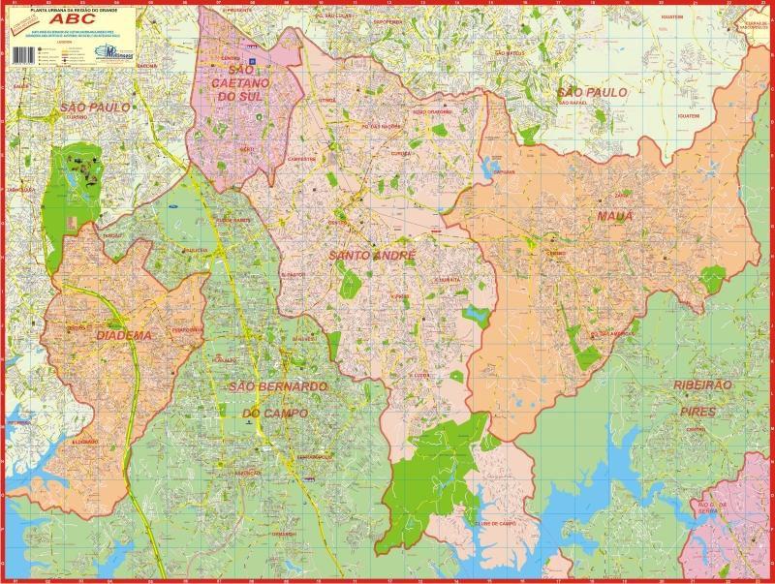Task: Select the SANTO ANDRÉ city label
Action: coord(373,256)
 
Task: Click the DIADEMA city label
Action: coord(124,336)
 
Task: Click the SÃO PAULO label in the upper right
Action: coord(593,92)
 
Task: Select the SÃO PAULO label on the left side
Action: coord(94,108)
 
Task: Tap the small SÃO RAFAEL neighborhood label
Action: coord(573,102)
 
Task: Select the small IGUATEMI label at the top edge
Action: coord(666,17)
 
